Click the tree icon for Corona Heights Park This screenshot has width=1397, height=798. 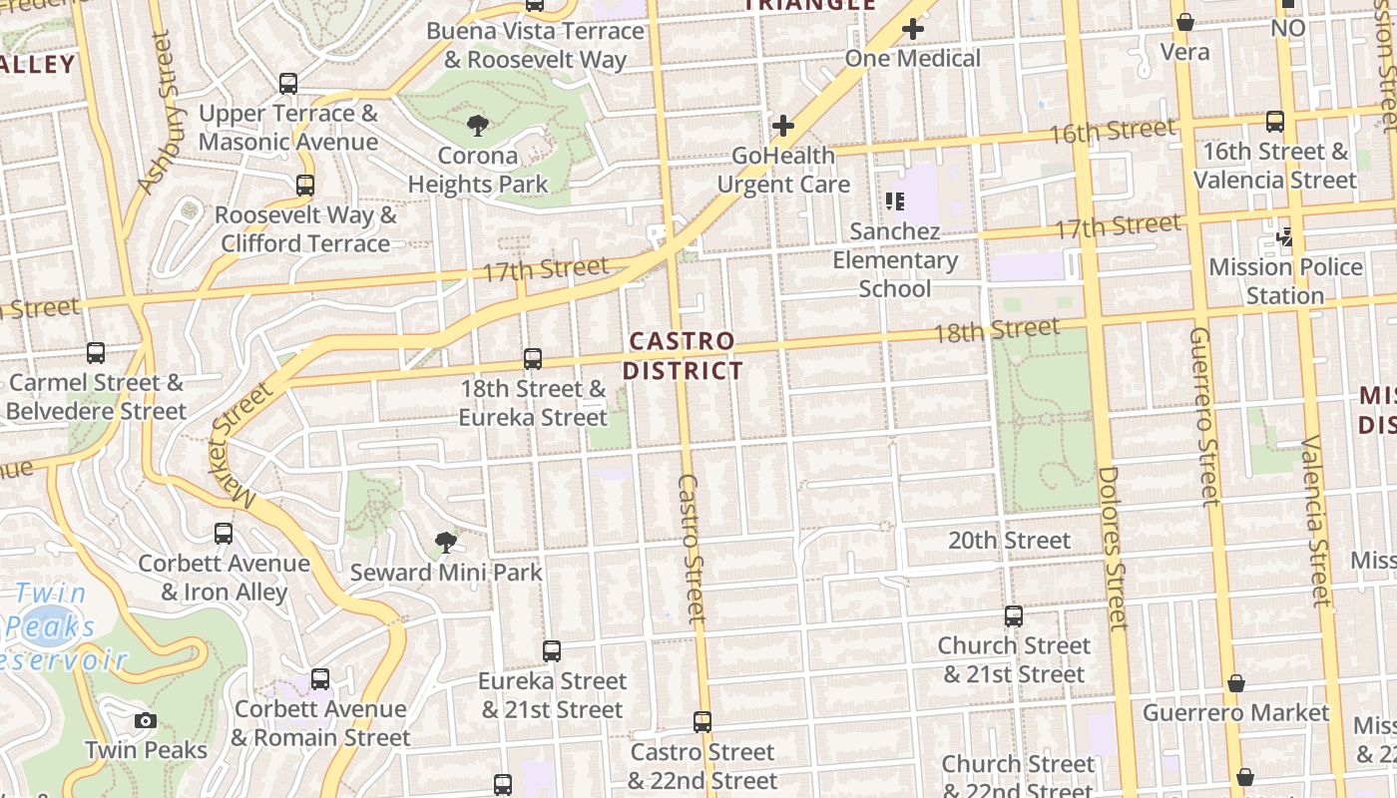pos(478,126)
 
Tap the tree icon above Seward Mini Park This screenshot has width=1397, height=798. pos(446,543)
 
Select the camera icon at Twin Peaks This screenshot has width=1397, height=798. pos(146,720)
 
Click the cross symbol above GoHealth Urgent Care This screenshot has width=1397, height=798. pos(783,126)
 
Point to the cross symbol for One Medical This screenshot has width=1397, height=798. pos(912,30)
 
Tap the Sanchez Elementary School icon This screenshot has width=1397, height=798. pos(895,201)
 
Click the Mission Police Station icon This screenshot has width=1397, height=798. pos(1285,237)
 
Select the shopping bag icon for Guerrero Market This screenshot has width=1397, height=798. pos(1235,683)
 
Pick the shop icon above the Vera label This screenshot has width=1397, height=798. pos(1185,22)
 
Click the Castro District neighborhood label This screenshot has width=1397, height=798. pos(684,356)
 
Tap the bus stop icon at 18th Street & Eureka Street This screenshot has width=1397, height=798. pos(533,359)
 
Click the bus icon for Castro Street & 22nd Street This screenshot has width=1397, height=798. pos(702,722)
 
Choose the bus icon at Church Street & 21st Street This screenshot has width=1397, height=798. pos(1014,616)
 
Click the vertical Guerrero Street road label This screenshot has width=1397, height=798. pos(1204,416)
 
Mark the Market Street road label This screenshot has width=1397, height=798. pos(238,440)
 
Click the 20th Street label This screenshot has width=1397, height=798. pos(1009,541)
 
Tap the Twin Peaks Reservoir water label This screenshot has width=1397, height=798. pos(60,627)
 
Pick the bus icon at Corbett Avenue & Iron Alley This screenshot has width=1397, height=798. pos(224,534)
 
